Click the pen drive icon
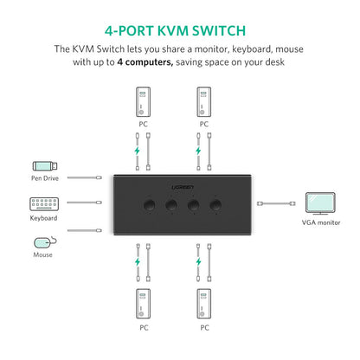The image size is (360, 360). (46, 166)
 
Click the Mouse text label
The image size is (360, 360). (43, 254)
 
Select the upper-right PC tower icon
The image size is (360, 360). (204, 101)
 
